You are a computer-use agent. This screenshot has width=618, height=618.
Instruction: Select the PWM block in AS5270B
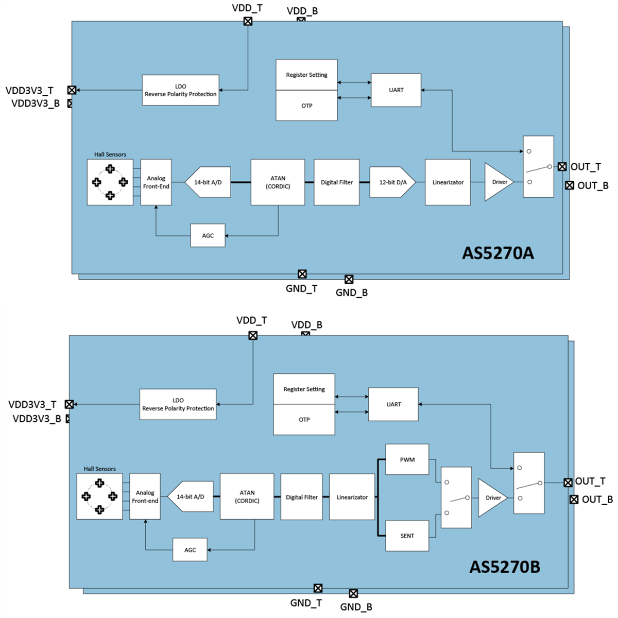407,459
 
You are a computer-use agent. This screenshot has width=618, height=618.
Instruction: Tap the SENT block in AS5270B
407,536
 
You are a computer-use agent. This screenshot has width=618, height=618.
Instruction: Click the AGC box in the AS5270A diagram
208,235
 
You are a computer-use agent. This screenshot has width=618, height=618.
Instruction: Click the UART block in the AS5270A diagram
396,90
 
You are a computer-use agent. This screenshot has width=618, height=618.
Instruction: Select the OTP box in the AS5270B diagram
304,420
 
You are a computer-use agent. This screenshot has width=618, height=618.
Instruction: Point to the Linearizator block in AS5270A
448,182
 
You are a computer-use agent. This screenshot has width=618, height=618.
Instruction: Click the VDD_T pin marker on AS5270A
248,21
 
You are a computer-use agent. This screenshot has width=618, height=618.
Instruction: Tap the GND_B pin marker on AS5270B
353,594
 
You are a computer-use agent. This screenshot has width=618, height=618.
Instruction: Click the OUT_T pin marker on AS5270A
562,166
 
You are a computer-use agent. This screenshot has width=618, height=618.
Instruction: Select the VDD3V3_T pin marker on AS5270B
69,404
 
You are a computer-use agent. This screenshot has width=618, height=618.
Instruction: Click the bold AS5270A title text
497,253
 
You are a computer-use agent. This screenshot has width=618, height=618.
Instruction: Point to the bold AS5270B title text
505,567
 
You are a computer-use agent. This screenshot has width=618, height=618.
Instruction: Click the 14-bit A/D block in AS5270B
191,497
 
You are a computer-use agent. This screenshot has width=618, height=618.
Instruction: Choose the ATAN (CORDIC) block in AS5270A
278,182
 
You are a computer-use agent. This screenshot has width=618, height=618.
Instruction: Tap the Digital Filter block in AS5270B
301,497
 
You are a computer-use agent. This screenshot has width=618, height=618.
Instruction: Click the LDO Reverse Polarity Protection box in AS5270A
180,90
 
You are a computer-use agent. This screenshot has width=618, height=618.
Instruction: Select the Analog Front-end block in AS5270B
145,496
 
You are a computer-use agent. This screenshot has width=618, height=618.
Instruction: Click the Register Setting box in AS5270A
306,75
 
